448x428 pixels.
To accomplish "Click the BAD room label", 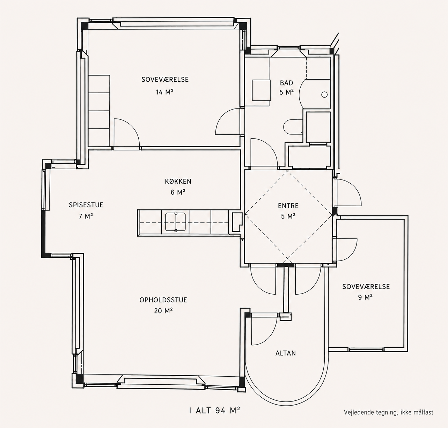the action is pos(286,83).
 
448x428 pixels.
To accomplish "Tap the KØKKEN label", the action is pos(178,182).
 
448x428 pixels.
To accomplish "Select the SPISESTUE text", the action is pos(86,205).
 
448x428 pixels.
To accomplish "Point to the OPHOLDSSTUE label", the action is pos(163,300).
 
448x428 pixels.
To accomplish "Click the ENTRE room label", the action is pos(288,206).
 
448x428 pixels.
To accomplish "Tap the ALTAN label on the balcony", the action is pos(286,353).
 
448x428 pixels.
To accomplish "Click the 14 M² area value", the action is pos(164,92).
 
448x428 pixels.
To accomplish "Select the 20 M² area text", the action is pos(163,311).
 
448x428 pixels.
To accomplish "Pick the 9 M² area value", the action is pos(365,297).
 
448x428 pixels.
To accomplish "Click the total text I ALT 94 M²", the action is pos(214,410).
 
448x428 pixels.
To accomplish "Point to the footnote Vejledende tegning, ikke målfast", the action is pos(389,412).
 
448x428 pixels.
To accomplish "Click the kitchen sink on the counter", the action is pos(175,222).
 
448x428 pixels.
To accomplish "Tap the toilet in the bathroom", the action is pos(293,127).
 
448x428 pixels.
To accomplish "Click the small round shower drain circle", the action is pos(324,95).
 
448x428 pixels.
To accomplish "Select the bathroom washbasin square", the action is pos(261,90).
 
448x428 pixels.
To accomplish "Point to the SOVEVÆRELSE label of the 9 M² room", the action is pos(366,287).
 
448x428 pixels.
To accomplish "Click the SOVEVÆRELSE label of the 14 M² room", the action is pos(165,80).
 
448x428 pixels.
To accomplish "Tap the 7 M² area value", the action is pos(86,216).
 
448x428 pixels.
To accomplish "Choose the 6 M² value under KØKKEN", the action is pos(178,192).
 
